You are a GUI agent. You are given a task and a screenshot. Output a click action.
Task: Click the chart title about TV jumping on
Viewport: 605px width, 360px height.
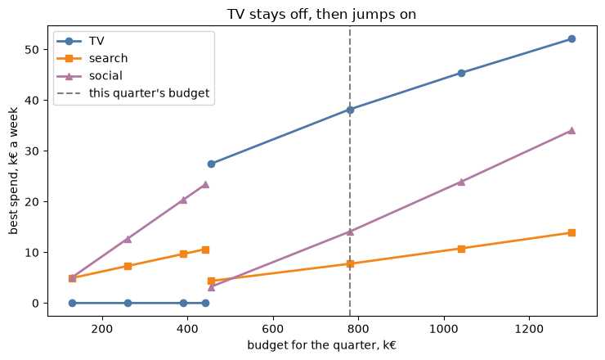tap(321, 14)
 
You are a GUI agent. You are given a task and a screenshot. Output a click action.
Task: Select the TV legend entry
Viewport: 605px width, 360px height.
tap(80, 41)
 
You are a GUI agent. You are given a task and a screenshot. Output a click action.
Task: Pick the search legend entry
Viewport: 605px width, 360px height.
tap(92, 58)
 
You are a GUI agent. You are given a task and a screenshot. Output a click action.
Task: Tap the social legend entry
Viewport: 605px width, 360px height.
tap(89, 76)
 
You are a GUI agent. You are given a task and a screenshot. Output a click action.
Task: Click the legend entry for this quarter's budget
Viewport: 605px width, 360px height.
tap(133, 93)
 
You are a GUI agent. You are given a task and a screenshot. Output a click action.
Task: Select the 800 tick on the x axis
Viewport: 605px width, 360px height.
tap(358, 329)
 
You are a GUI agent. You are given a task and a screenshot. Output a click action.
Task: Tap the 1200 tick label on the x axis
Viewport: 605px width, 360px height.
tap(529, 329)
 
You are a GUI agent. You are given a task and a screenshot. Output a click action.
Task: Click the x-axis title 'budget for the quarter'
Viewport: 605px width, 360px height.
tap(321, 345)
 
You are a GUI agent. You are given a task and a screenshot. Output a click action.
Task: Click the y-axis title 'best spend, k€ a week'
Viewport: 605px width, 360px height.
tap(13, 171)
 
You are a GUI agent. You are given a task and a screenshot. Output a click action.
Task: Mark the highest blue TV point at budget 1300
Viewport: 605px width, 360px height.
tap(571, 39)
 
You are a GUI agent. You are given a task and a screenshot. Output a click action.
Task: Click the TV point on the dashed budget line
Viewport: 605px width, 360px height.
tap(350, 110)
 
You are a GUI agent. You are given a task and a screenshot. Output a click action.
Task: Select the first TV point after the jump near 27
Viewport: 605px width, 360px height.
tap(211, 164)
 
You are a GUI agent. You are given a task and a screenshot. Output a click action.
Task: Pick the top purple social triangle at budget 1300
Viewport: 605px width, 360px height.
tap(571, 131)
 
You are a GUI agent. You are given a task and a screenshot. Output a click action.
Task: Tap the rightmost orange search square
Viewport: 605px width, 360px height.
tap(571, 232)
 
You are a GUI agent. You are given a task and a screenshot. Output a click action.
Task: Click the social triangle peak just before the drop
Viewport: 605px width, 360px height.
tap(205, 185)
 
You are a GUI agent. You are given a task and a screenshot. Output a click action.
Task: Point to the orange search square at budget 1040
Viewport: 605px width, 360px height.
tap(461, 249)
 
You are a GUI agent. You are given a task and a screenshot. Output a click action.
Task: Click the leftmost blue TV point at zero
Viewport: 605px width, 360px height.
tap(72, 304)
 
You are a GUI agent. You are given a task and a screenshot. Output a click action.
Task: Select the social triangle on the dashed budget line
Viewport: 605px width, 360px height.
tap(350, 232)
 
